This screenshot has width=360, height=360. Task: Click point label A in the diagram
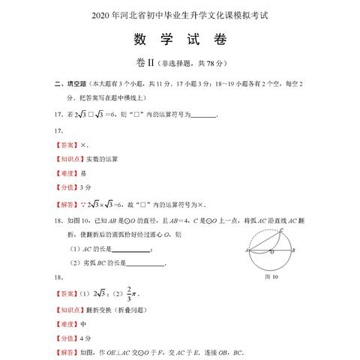click(244, 250)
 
